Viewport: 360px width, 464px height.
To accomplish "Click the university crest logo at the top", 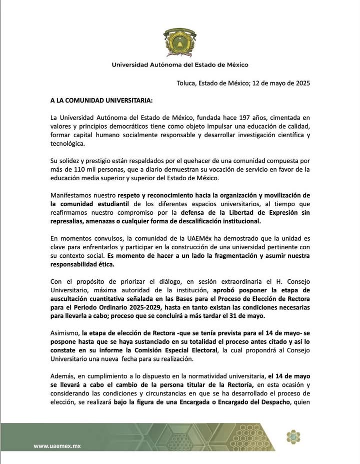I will pos(179,43).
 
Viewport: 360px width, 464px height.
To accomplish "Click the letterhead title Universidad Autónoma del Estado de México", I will pos(179,65).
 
